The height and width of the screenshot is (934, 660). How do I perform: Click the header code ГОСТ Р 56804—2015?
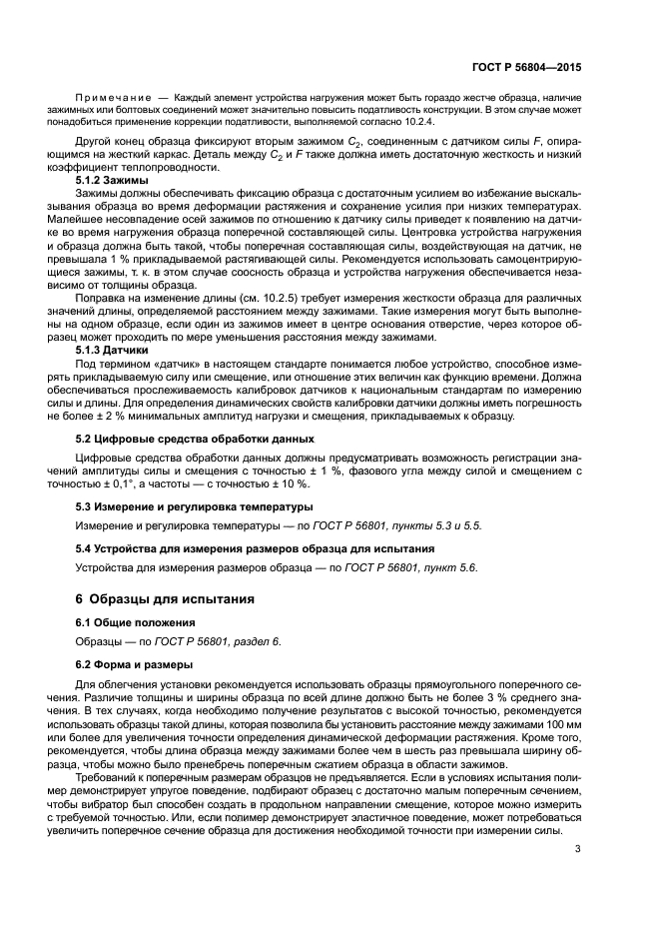(x=527, y=68)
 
